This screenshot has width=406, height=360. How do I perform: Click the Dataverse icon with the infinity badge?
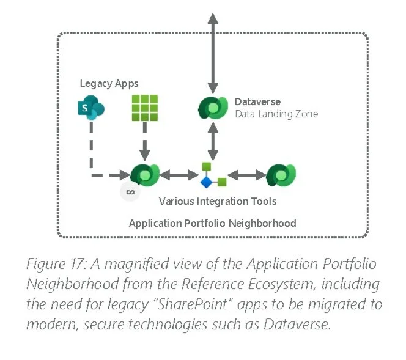pos(145,175)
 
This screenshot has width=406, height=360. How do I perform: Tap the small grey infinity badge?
pos(129,192)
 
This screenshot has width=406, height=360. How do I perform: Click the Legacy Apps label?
pos(109,83)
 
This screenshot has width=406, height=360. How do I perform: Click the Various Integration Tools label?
pos(217,201)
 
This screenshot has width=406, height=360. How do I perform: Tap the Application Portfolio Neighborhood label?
pos(212,223)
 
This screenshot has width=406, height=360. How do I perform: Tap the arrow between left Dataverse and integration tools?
pos(179,175)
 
